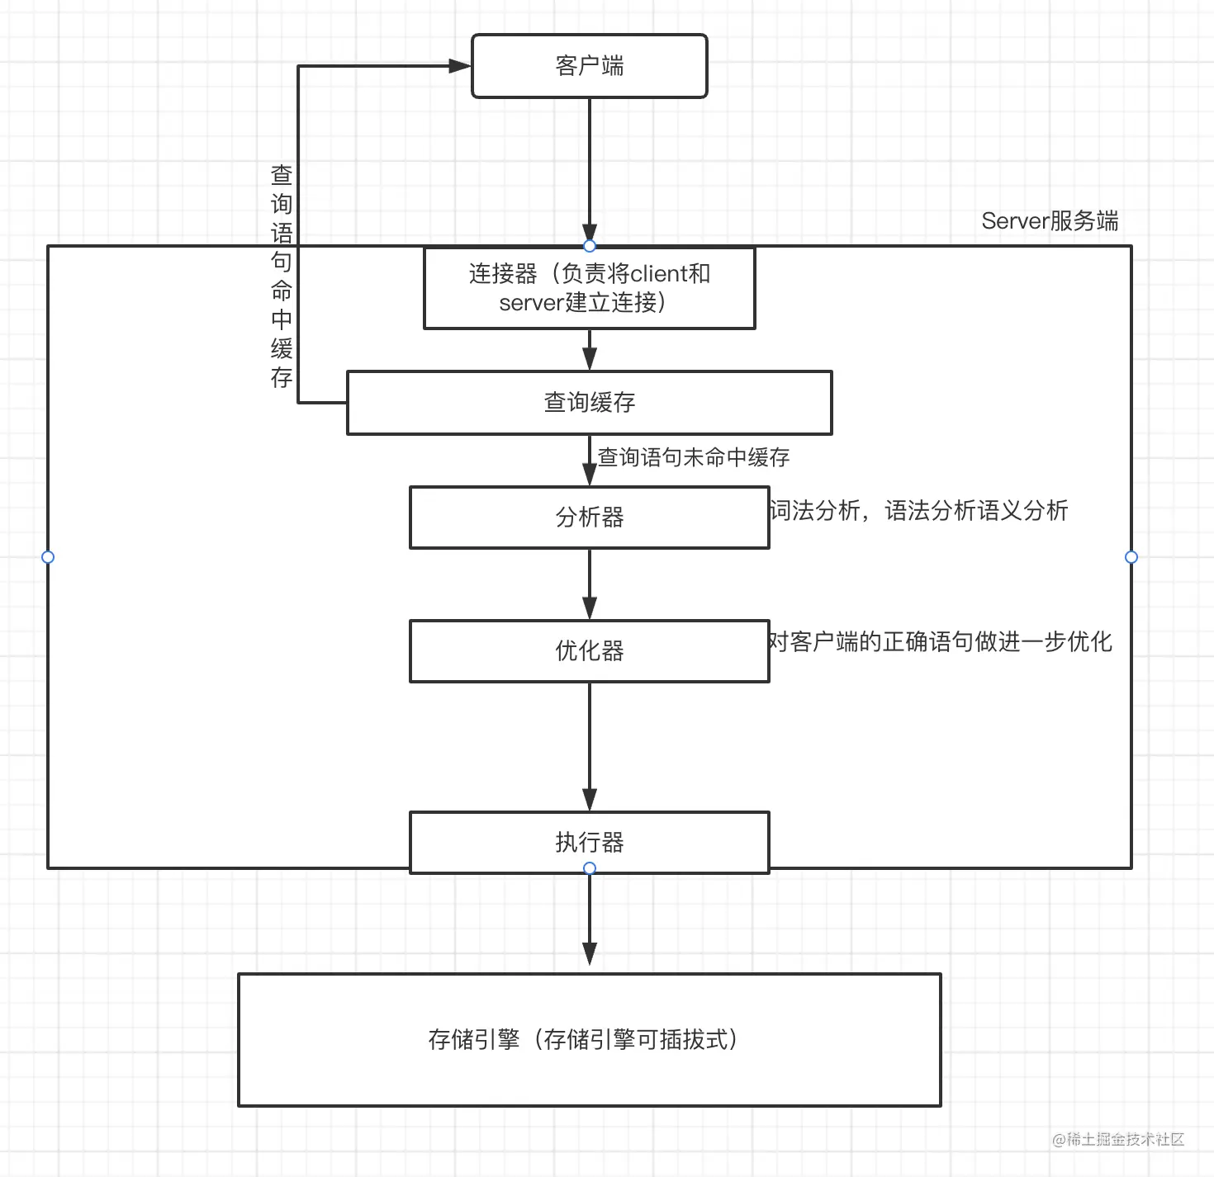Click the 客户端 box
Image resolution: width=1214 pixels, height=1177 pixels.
[x=589, y=66]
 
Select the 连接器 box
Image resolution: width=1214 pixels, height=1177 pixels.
[x=589, y=288]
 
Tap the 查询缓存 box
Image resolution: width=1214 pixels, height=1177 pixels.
[x=589, y=403]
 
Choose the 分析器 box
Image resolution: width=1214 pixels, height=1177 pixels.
[x=589, y=518]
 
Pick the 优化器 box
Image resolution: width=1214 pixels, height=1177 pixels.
[x=589, y=651]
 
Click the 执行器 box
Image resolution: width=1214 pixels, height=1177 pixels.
[x=589, y=842]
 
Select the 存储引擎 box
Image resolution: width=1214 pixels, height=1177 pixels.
[x=589, y=1039]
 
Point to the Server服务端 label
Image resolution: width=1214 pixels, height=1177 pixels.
[x=1050, y=221]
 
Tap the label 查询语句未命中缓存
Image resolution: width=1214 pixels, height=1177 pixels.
[x=694, y=457]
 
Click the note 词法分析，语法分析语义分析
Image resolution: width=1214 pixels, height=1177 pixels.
[x=918, y=511]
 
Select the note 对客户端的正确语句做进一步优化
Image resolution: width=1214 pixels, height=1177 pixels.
[x=940, y=641]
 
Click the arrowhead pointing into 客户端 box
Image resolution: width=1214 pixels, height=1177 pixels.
[x=458, y=66]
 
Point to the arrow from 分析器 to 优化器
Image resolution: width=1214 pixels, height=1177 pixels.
[x=589, y=584]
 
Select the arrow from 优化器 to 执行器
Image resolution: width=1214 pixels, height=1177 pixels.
[x=589, y=747]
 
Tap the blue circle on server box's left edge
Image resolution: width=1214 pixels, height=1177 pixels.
[x=48, y=557]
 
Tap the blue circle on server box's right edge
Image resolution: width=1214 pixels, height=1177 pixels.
[x=1131, y=557]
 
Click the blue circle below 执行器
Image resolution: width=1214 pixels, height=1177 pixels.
[x=589, y=868]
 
